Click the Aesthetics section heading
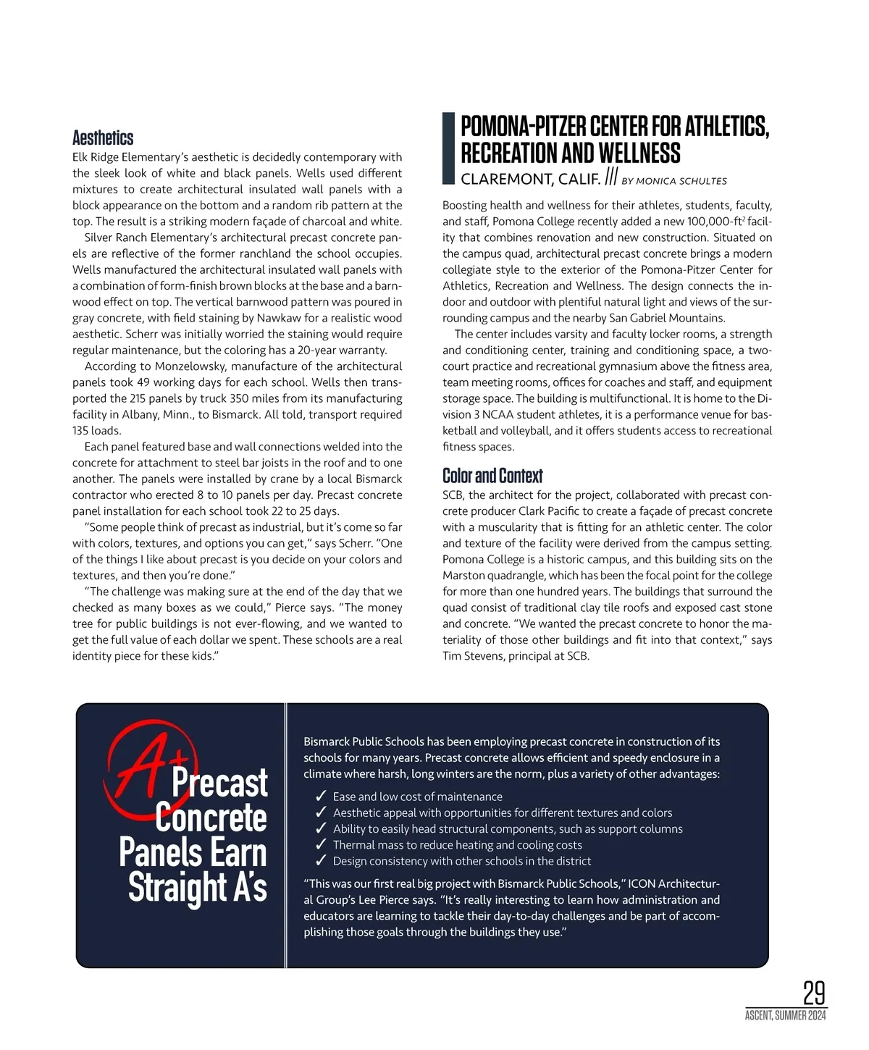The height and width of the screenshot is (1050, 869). [103, 138]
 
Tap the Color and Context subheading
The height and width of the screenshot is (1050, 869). [492, 476]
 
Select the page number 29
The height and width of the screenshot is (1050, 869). [814, 992]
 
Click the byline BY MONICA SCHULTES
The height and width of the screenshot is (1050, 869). [674, 181]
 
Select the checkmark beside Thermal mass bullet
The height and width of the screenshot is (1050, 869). [321, 845]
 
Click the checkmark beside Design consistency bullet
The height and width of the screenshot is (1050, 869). [321, 861]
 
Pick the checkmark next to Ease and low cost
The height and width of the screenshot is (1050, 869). [321, 797]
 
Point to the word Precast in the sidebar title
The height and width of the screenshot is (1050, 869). [219, 784]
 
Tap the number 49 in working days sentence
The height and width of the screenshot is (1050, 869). [143, 382]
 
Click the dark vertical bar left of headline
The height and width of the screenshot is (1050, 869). [448, 148]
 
